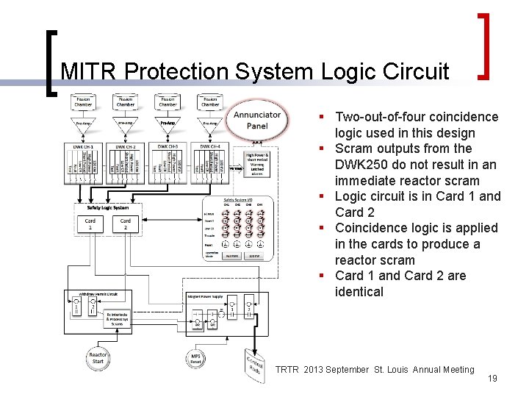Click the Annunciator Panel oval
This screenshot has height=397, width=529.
pyautogui.click(x=257, y=119)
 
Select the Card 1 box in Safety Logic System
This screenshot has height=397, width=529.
pyautogui.click(x=90, y=223)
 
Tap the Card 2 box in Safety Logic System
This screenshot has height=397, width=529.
pyautogui.click(x=126, y=223)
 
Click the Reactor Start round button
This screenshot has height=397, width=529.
pyautogui.click(x=98, y=359)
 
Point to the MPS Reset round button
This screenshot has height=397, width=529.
pyautogui.click(x=196, y=359)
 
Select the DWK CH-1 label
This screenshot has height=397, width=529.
pyautogui.click(x=83, y=147)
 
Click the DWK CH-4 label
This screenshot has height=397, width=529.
pyautogui.click(x=210, y=147)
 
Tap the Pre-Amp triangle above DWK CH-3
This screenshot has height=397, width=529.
pyautogui.click(x=168, y=125)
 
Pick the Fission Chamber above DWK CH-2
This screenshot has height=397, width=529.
pyautogui.click(x=126, y=101)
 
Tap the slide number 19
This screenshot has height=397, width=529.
pyautogui.click(x=492, y=378)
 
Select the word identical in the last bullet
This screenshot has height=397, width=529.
pyautogui.click(x=359, y=292)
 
